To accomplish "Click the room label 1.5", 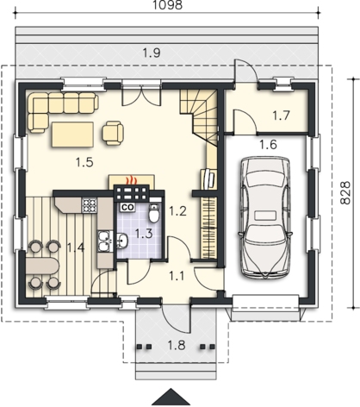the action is click(x=84, y=162).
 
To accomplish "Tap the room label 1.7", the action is click(x=281, y=116).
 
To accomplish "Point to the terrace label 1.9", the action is click(x=152, y=53).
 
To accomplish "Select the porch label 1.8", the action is click(x=177, y=345).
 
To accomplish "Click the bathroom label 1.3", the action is click(x=144, y=234).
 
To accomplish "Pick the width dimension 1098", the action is click(x=167, y=5).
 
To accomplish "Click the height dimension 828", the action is click(x=345, y=192).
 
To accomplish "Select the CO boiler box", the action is click(x=127, y=207).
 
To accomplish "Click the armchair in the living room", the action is click(x=113, y=133).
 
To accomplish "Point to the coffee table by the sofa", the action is click(x=72, y=135).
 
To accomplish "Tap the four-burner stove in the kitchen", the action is click(x=89, y=205).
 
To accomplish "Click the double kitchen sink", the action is click(x=103, y=241).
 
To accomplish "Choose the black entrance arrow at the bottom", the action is click(x=171, y=397).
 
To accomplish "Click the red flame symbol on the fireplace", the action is click(x=131, y=180).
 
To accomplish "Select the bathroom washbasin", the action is click(x=122, y=241).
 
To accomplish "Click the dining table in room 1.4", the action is click(x=42, y=266).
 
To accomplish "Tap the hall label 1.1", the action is click(x=177, y=276).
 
